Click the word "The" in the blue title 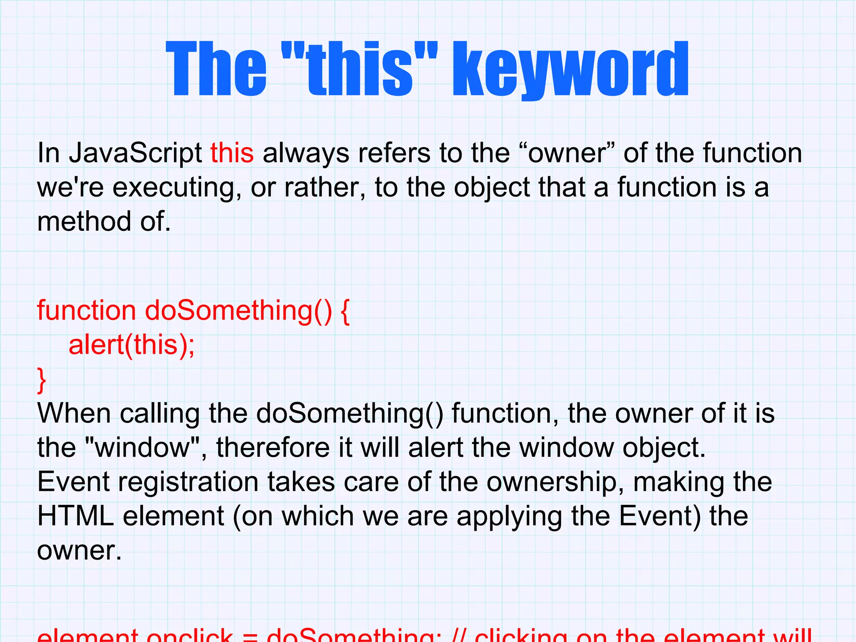(x=216, y=69)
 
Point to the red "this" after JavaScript (x=232, y=153)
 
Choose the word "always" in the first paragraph (x=306, y=153)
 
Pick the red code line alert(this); (x=132, y=345)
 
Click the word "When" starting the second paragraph (x=74, y=414)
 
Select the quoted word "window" (x=143, y=448)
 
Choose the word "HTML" (x=75, y=517)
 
